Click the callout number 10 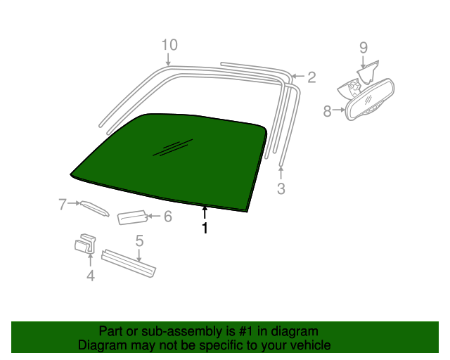tap(169, 45)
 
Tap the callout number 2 tap(311, 77)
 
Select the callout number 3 tap(281, 188)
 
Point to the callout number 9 tap(364, 48)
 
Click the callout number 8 tap(327, 111)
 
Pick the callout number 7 tap(63, 205)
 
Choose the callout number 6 tap(168, 216)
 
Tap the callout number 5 tap(139, 241)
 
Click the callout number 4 tap(91, 276)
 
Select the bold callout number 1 tap(205, 229)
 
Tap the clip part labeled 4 tap(85, 244)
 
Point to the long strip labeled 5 tap(129, 263)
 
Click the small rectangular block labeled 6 tap(133, 217)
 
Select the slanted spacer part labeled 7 tap(95, 208)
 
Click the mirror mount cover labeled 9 tap(368, 72)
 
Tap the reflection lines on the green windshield tap(173, 148)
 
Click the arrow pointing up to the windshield tap(205, 213)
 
